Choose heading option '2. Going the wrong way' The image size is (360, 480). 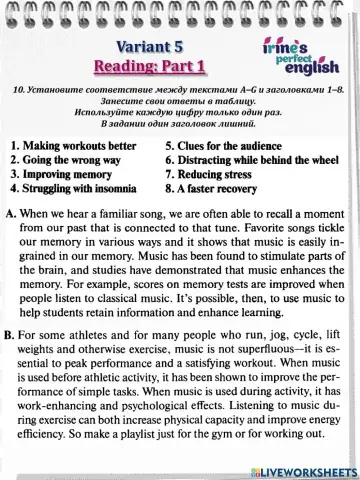tap(66, 158)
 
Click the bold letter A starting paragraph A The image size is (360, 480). tap(9, 215)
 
